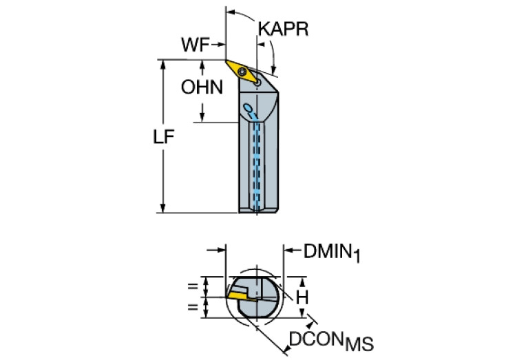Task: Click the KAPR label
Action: click(283, 30)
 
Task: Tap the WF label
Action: click(196, 45)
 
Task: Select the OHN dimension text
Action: click(202, 87)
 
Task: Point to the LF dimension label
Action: click(164, 137)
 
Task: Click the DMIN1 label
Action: click(332, 252)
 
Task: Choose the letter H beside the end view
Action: click(302, 297)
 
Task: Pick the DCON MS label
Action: click(331, 341)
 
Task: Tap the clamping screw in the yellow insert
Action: click(242, 72)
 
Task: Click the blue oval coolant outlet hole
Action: click(249, 108)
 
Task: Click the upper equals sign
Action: click(193, 286)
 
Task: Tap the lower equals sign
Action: click(193, 307)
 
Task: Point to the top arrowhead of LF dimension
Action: click(163, 65)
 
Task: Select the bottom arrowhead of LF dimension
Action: click(163, 208)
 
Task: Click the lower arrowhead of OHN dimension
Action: click(202, 117)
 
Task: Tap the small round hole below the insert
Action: click(257, 82)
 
